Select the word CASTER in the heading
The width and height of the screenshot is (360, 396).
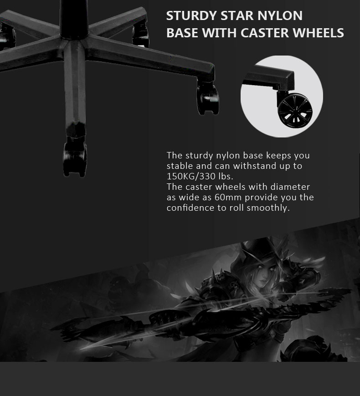(x=264, y=33)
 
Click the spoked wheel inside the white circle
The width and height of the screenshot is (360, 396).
(x=295, y=111)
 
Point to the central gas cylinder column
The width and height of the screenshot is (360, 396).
(x=74, y=19)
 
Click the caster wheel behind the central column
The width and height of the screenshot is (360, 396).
(x=140, y=35)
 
